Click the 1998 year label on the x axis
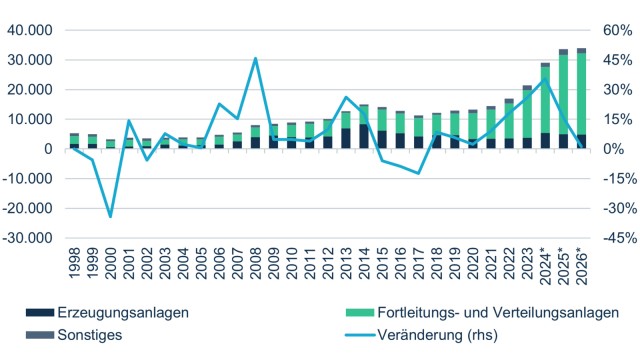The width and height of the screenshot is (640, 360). click(x=74, y=263)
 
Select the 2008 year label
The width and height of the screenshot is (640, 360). click(x=255, y=263)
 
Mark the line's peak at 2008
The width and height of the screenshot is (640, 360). click(x=255, y=58)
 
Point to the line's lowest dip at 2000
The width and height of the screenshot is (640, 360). click(x=110, y=216)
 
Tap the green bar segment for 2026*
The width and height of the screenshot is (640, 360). click(x=581, y=93)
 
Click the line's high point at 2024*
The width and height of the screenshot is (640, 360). click(x=545, y=80)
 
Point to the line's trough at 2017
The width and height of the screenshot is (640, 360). click(x=418, y=173)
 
